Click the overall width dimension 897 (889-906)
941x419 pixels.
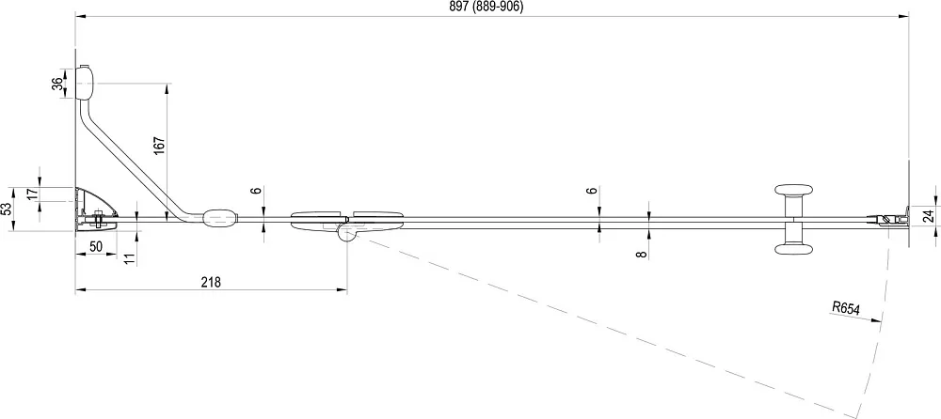(x=486, y=8)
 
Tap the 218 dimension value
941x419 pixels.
(x=211, y=282)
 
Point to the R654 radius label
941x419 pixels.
(x=846, y=309)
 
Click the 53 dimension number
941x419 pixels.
(x=6, y=209)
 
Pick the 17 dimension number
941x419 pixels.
(x=32, y=194)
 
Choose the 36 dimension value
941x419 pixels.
(x=57, y=84)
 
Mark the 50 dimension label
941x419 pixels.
(x=95, y=246)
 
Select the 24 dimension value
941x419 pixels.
(x=929, y=216)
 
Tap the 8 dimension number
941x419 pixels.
(x=642, y=255)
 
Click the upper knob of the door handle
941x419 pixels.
(x=794, y=192)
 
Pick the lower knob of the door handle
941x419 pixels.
(x=794, y=249)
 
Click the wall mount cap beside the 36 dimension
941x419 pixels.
(x=85, y=82)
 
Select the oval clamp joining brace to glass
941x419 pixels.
(x=220, y=218)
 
